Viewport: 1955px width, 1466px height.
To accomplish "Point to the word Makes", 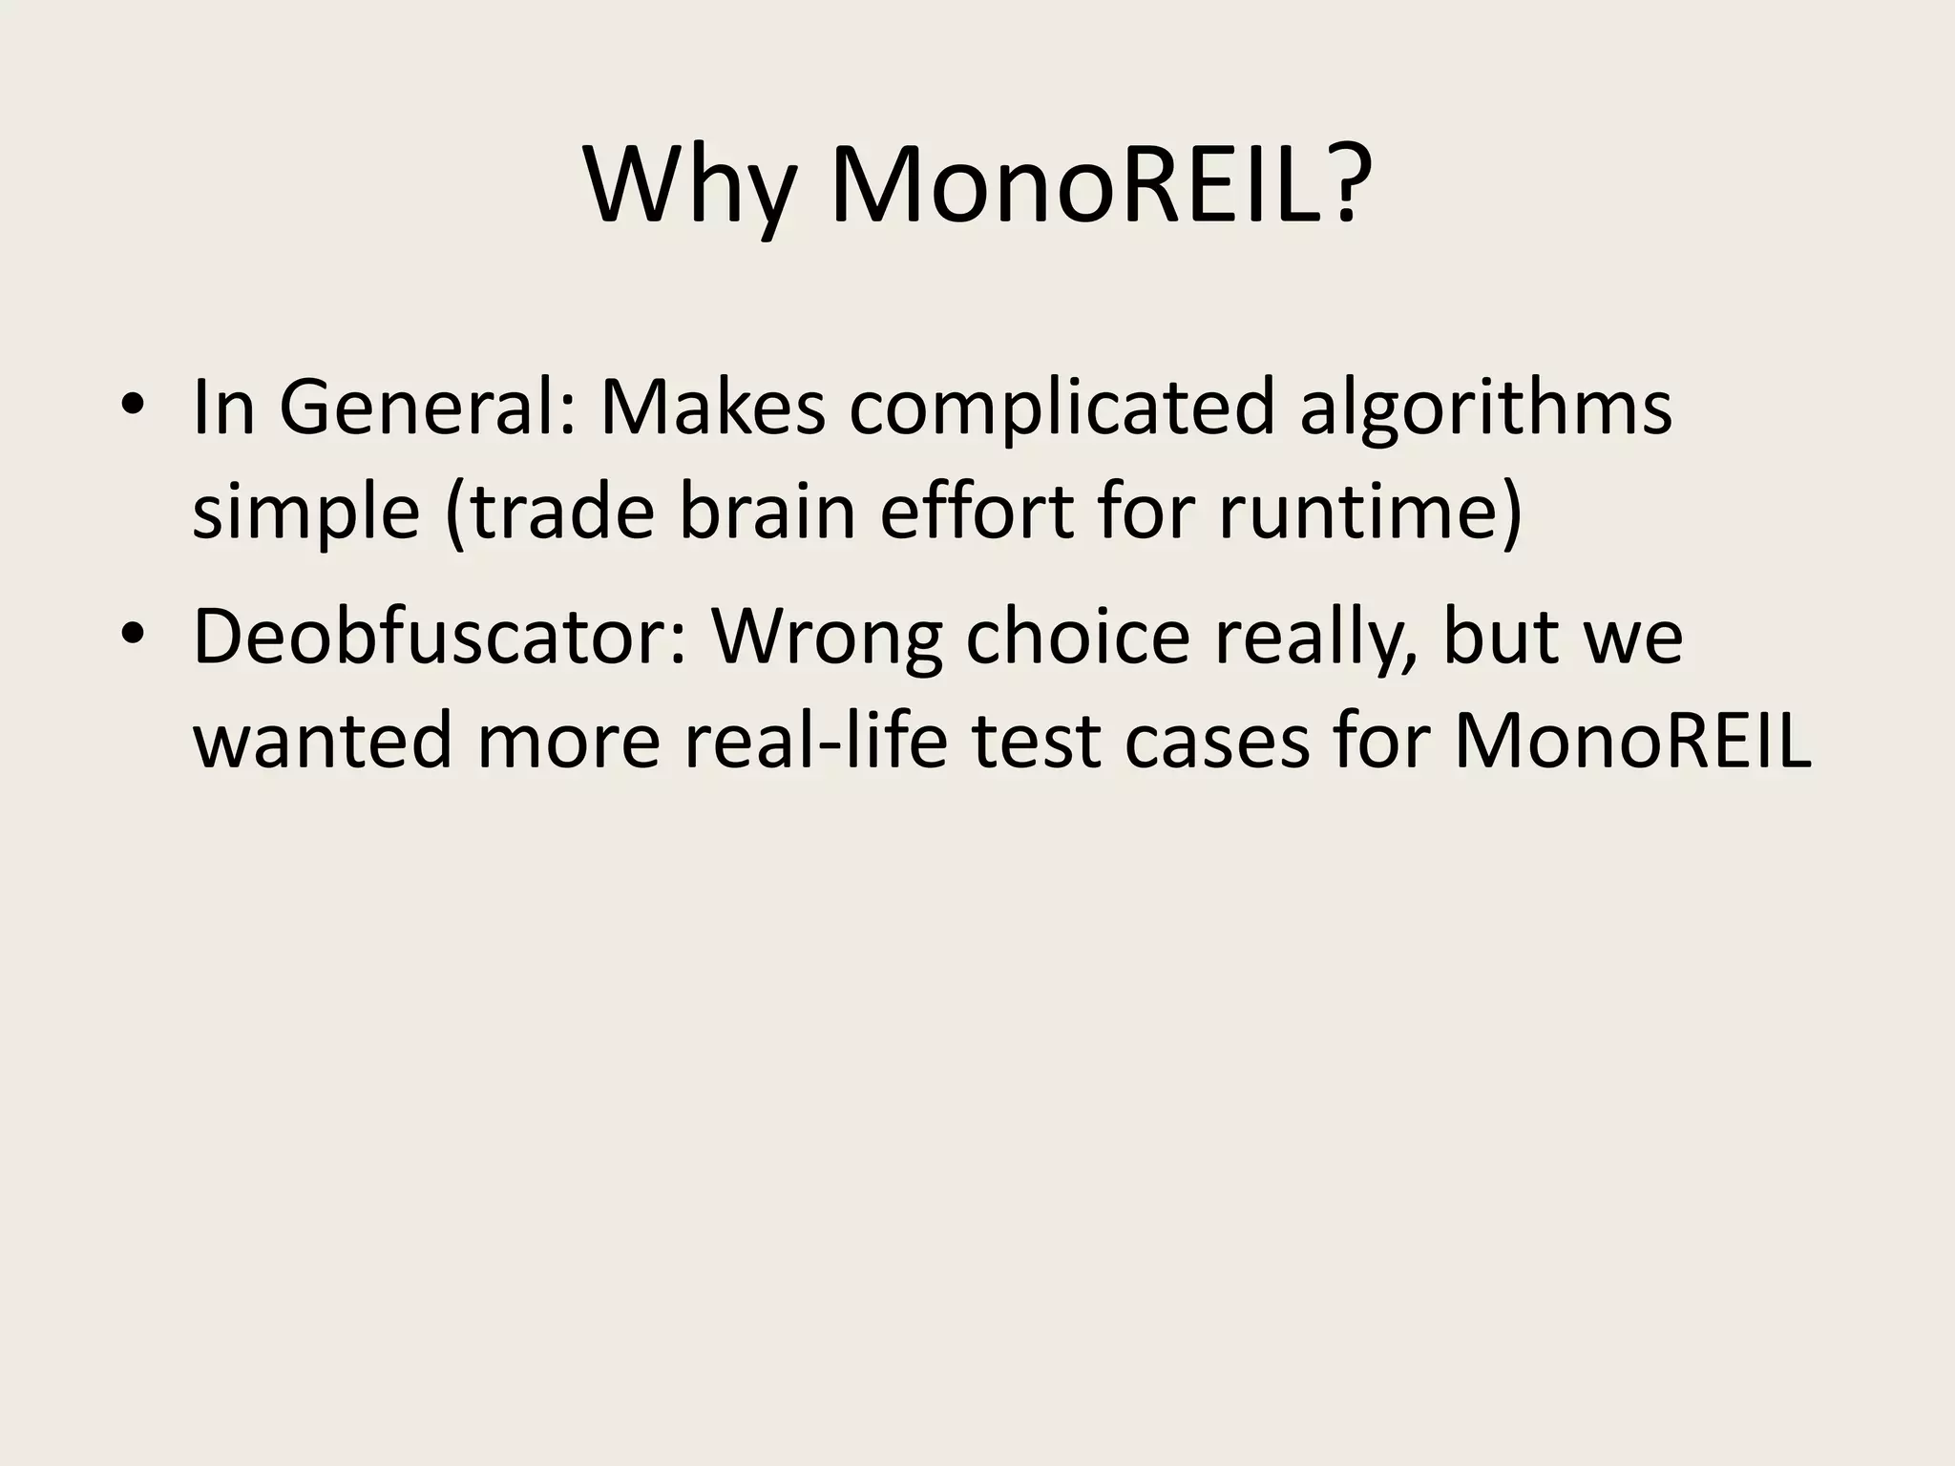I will [x=712, y=408].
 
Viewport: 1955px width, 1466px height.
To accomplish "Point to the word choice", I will [x=1079, y=637].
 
